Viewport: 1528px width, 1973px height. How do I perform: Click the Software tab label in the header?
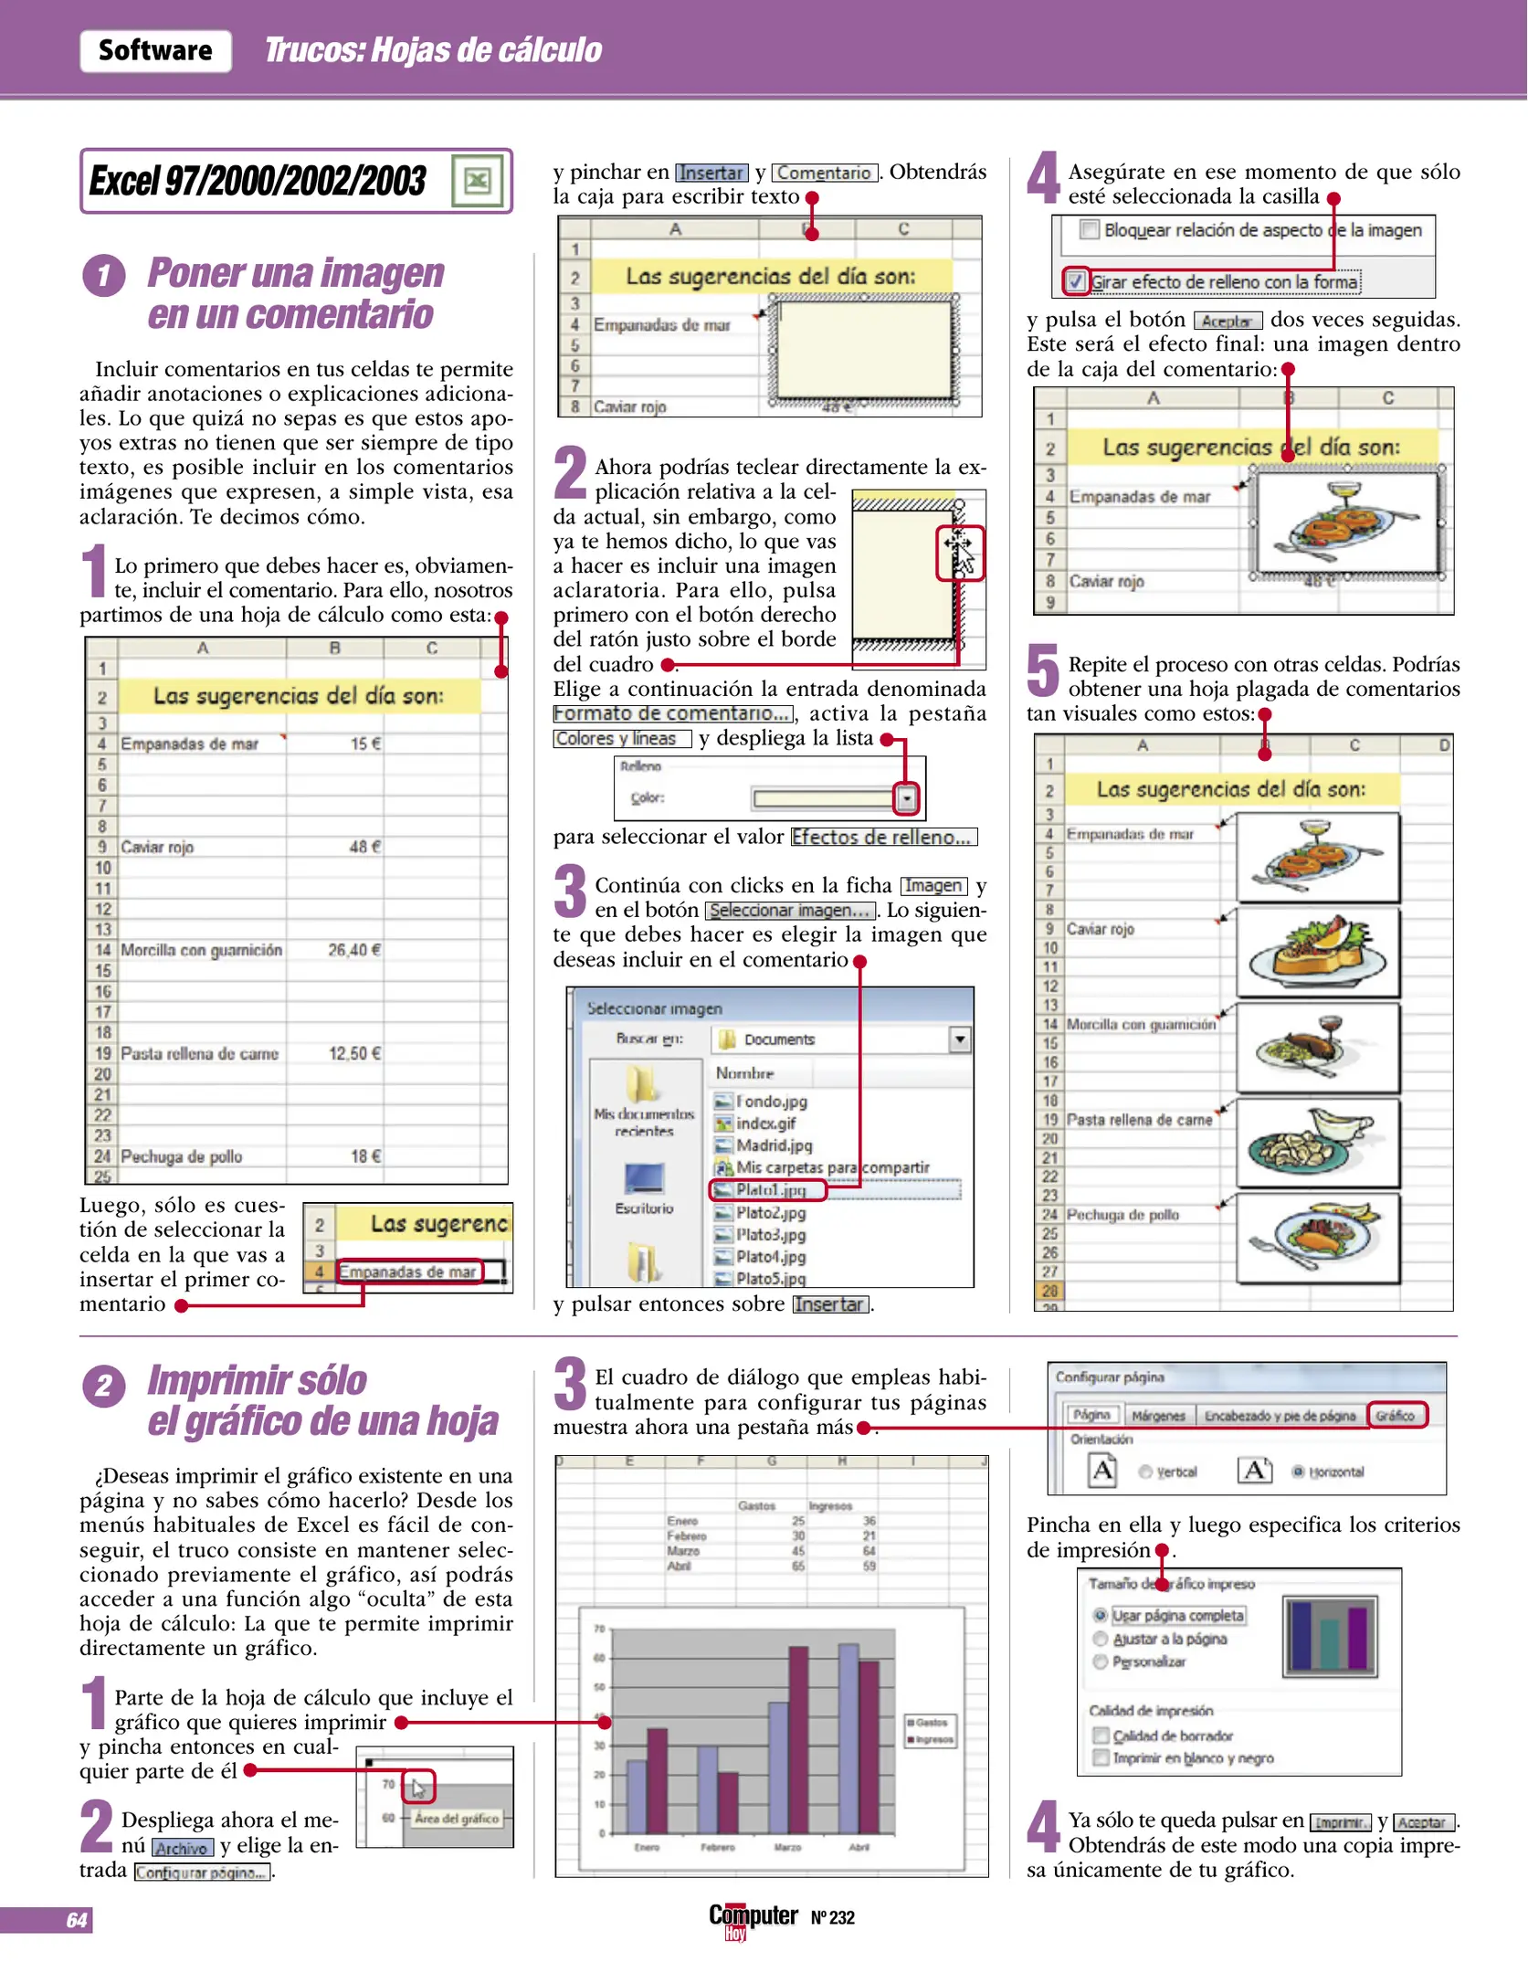point(155,50)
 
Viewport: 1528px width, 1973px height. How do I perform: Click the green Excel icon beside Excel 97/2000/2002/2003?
point(477,182)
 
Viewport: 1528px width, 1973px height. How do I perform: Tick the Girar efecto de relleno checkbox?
point(1077,281)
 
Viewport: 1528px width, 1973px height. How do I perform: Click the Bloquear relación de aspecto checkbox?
point(1089,229)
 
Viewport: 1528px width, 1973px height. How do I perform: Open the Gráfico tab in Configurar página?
point(1396,1415)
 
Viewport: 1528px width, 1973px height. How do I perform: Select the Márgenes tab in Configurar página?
point(1157,1416)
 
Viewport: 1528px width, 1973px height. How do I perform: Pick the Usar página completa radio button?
point(1101,1615)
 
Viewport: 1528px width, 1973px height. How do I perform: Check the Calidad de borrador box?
point(1101,1736)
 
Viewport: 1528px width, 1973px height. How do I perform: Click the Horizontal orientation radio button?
point(1298,1472)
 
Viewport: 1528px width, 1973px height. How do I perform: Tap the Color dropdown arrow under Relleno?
point(906,799)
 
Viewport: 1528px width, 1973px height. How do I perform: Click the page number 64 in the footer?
point(77,1920)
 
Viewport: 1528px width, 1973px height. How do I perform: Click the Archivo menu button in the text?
point(182,1848)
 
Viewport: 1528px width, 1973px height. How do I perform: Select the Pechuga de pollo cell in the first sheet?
point(181,1156)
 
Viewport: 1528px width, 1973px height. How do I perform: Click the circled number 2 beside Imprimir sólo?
point(103,1387)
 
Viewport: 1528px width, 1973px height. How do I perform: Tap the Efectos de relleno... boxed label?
point(883,837)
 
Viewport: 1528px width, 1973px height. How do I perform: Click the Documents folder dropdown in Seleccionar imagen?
point(959,1039)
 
